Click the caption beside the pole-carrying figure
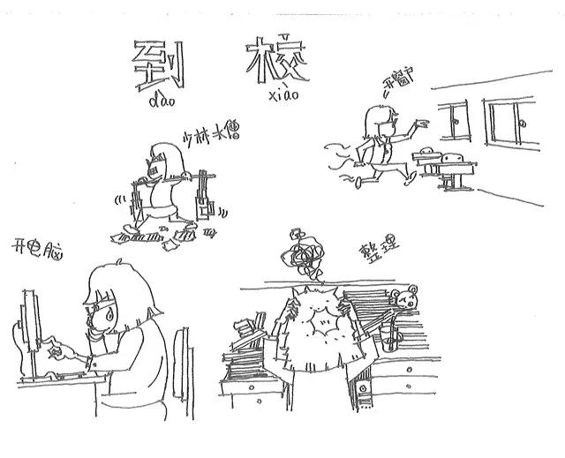click(x=212, y=136)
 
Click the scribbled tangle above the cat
click(x=304, y=253)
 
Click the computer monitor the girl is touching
click(x=30, y=331)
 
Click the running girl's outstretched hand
click(x=423, y=121)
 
